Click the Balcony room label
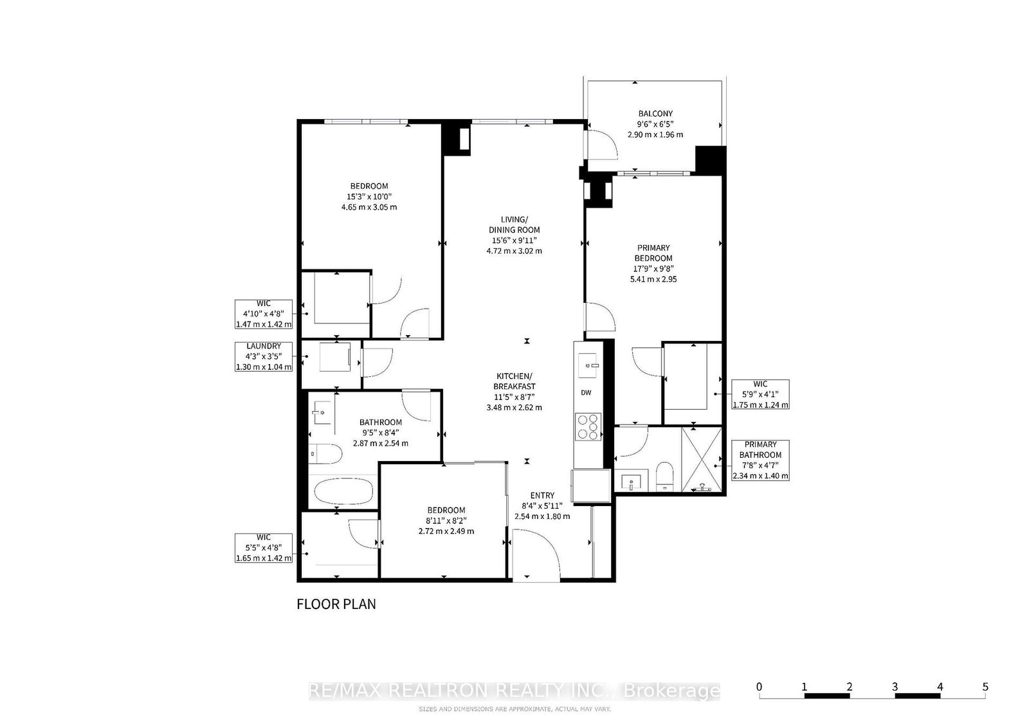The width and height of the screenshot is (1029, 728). pos(655,124)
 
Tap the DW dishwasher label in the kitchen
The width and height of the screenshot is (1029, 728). pos(586,393)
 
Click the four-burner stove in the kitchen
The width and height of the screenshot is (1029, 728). pos(588,426)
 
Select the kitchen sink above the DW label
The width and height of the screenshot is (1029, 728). pos(588,365)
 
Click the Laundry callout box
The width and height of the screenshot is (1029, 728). pos(264,356)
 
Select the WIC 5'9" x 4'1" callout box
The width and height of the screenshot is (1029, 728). pos(760,394)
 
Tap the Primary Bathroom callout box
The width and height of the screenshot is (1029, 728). pos(760,460)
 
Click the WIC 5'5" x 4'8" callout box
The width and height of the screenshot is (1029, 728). pos(264,548)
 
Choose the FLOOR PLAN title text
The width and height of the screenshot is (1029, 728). pos(336,605)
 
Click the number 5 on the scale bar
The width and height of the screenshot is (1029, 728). pos(985,687)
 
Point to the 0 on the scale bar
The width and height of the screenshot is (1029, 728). pos(760,687)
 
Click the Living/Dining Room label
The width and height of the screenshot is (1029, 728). pos(514,235)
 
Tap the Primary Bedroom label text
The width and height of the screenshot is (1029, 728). pos(653,263)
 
